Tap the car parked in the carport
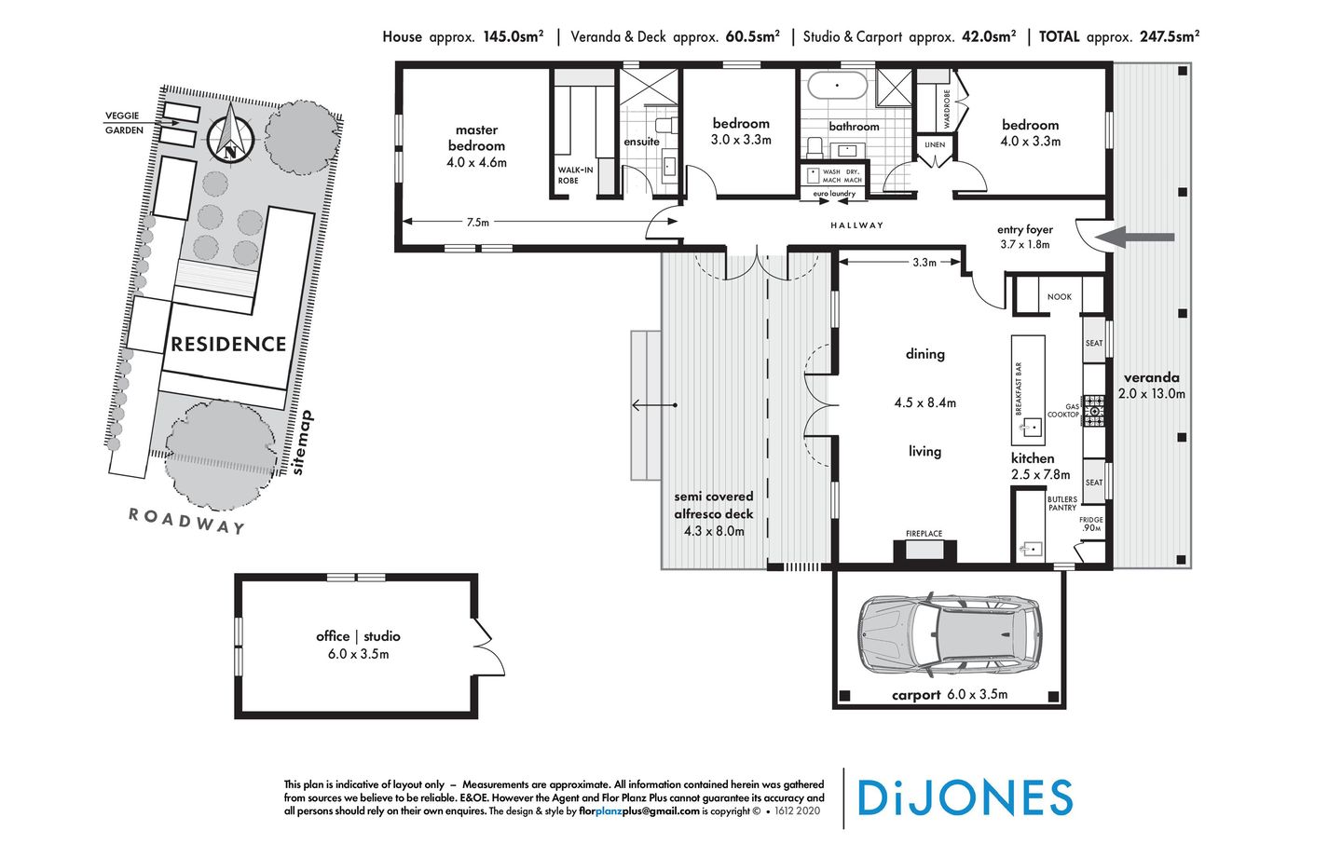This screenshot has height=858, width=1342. (948, 633)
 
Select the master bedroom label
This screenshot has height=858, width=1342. (476, 138)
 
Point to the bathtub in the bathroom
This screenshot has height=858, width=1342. (836, 88)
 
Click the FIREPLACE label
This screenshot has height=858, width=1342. (924, 534)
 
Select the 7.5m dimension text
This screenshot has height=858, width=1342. (477, 223)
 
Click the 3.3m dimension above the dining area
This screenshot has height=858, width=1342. (924, 263)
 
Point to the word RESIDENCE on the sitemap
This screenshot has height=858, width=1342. (228, 345)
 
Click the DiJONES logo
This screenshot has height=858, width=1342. (965, 798)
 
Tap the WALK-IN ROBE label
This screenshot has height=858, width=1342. (574, 175)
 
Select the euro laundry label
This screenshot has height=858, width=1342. (833, 194)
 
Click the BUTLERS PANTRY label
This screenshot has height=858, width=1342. (1061, 504)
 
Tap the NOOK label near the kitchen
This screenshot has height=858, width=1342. (1059, 297)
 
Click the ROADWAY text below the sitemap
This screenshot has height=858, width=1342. (186, 521)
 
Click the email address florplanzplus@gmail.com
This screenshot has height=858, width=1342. (639, 811)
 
